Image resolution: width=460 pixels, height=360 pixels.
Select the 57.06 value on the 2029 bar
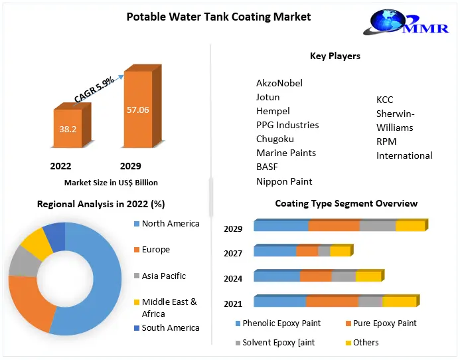coord(138,110)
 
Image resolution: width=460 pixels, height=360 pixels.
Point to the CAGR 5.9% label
coord(94,88)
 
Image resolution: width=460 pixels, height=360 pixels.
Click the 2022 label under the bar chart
coord(60,166)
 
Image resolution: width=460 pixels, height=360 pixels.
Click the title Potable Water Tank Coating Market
coord(218,16)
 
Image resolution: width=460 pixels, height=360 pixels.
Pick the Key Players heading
coord(335,56)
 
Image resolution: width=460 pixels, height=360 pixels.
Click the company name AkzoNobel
coord(279,83)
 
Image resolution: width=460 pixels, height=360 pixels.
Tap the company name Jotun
coord(268,97)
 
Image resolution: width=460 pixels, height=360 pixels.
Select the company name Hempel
coord(273,111)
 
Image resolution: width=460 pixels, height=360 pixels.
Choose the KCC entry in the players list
coord(385,100)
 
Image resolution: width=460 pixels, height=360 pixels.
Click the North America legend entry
coord(170,224)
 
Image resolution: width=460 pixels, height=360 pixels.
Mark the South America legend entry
coord(170,327)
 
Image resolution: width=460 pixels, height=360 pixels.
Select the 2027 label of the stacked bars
coord(233,253)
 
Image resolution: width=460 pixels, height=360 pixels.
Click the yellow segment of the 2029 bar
coord(410,226)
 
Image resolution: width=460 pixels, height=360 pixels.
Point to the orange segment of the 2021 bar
coord(331,302)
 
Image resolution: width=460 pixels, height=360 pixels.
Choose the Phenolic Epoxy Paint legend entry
coord(281,323)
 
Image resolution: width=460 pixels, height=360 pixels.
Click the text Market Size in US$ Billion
coord(111,182)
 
